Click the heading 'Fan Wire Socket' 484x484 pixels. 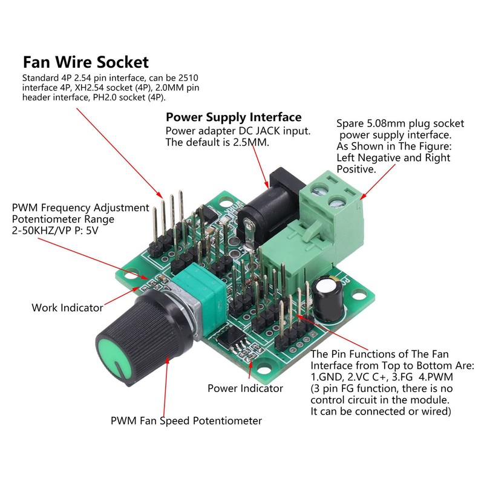(85, 62)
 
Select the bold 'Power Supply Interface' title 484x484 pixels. (234, 117)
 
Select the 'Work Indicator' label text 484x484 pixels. (67, 308)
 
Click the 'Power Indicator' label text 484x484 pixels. (245, 388)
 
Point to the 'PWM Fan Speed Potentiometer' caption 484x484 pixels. (186, 420)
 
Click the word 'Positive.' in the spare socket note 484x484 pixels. (357, 169)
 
